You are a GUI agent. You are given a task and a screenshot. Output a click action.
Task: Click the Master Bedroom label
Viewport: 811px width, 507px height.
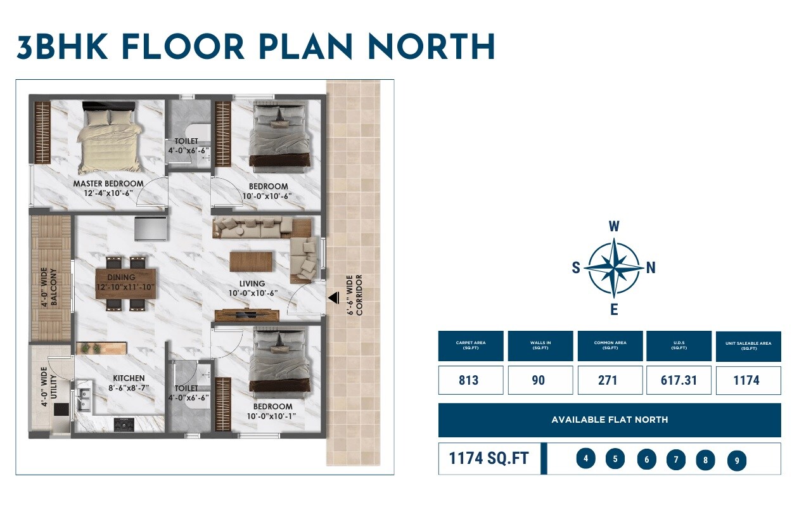(108, 184)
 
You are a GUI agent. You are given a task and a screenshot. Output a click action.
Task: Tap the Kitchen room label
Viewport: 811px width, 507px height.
(129, 378)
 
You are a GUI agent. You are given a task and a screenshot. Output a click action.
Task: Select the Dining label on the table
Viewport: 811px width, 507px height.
(121, 278)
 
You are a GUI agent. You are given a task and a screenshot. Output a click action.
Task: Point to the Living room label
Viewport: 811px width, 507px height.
(252, 284)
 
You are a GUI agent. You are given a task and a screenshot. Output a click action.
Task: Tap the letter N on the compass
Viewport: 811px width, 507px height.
(651, 268)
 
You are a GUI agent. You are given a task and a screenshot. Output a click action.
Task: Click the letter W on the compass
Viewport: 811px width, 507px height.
(614, 226)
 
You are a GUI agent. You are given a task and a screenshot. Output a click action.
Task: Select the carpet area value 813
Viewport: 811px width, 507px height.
(469, 380)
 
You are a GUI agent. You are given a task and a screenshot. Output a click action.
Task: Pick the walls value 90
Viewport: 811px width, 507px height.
(539, 380)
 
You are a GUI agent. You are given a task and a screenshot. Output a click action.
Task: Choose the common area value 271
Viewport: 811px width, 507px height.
(609, 380)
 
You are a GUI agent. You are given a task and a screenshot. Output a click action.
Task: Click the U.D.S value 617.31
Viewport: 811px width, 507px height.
(678, 380)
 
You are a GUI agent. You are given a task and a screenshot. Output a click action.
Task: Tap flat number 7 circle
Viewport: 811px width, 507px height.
(676, 459)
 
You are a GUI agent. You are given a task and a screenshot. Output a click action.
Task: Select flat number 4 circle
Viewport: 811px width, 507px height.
(586, 458)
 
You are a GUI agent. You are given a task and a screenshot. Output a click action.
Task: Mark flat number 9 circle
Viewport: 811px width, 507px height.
(737, 461)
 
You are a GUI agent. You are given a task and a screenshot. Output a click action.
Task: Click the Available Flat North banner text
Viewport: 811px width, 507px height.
(610, 420)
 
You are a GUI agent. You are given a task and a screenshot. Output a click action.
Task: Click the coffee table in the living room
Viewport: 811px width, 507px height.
(251, 260)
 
